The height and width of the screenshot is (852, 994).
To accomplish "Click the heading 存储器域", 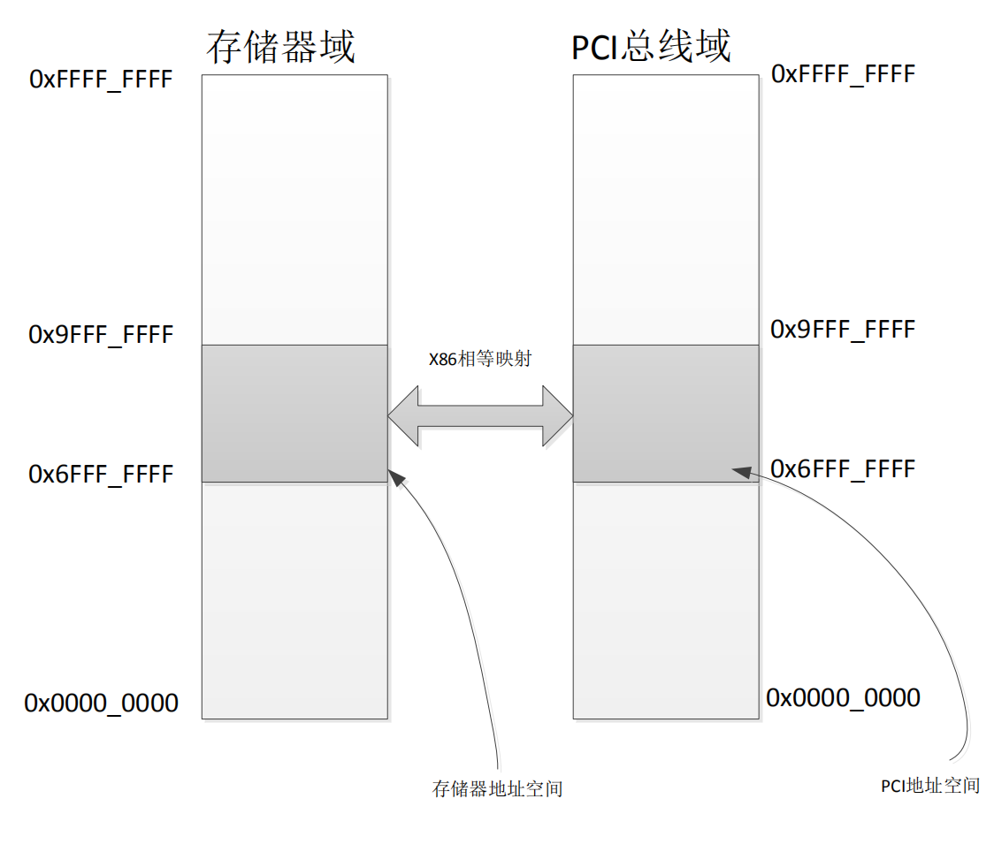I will (x=281, y=47).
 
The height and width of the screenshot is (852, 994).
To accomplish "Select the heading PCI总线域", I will (x=652, y=47).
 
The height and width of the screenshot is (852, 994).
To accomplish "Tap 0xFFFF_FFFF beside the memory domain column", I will (x=101, y=80).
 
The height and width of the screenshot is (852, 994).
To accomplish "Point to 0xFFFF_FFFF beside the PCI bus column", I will (x=843, y=74).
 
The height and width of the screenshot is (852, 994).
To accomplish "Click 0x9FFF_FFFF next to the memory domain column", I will (x=101, y=335).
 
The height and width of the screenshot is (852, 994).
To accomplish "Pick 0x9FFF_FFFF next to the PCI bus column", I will (x=843, y=330).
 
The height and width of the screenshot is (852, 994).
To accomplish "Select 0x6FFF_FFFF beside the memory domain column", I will (x=101, y=475).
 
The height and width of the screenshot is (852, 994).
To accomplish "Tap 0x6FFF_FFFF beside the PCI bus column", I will (x=843, y=468).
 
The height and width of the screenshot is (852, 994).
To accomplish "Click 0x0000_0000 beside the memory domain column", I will (x=101, y=704).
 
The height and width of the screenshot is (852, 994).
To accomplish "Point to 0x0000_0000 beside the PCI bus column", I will (x=843, y=697).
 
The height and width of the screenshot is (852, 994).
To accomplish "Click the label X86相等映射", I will (x=480, y=360).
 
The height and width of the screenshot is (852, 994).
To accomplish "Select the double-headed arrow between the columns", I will (x=480, y=415).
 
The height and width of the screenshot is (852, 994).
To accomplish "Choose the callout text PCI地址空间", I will (x=930, y=785).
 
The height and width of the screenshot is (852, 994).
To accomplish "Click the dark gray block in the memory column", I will (x=294, y=414).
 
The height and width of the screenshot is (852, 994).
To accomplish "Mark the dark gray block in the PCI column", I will (x=666, y=414).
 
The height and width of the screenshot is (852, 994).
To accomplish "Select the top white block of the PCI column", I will (x=666, y=209).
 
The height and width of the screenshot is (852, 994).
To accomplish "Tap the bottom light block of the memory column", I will (x=294, y=600).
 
